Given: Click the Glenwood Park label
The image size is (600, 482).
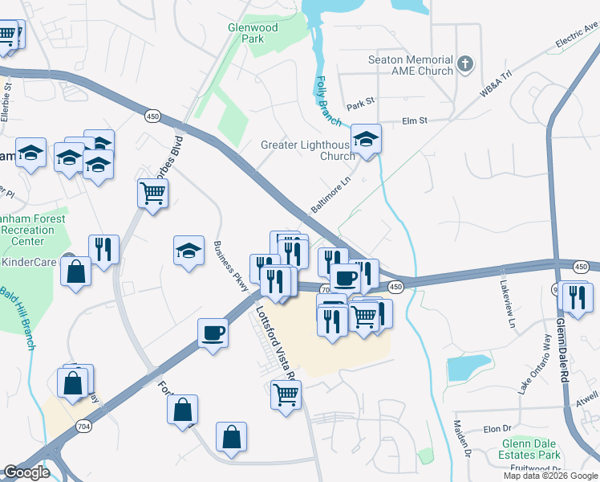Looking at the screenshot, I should [x=253, y=33].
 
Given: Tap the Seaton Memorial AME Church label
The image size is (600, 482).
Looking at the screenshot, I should [x=411, y=65].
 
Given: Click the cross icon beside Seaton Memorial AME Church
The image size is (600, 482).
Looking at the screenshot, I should [x=465, y=63].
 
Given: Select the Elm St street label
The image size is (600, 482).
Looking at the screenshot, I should [x=411, y=121].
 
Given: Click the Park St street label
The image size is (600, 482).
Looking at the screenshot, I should [x=360, y=103].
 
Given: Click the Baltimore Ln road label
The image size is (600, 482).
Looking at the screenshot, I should [x=331, y=197].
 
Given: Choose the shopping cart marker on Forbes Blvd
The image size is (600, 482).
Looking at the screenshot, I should [x=152, y=193].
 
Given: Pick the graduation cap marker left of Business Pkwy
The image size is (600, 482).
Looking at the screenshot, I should [x=189, y=251].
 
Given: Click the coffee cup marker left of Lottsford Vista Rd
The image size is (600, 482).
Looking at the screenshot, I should [x=213, y=332].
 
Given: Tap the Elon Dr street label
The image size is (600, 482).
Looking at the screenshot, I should [x=497, y=429].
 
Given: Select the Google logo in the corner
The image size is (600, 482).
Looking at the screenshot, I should [x=27, y=472].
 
